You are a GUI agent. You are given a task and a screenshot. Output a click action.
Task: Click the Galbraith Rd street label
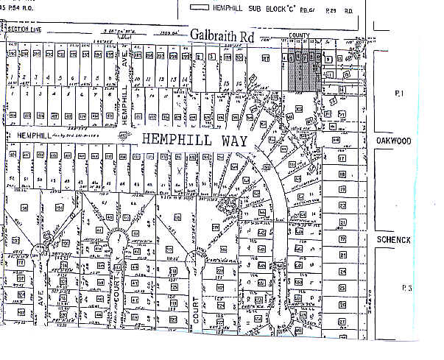click(x=220, y=35)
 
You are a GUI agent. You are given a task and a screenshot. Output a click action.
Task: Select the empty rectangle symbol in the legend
click(x=199, y=7)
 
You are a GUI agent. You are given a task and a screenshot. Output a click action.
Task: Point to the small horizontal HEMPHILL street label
click(x=24, y=135)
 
